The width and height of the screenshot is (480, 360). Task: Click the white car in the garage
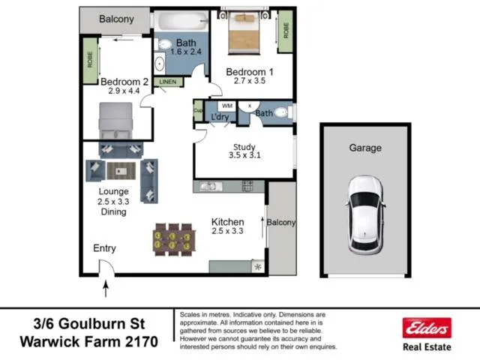pyautogui.click(x=365, y=215)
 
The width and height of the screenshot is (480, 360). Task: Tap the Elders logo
pyautogui.click(x=427, y=328)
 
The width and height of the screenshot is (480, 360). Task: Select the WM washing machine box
pyautogui.click(x=227, y=106)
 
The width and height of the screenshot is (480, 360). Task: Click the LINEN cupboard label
pyautogui.click(x=168, y=82)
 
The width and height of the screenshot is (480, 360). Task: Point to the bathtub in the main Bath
pyautogui.click(x=181, y=21)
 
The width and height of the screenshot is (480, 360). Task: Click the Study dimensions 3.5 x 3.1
pyautogui.click(x=244, y=155)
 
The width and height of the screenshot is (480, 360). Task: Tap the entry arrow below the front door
pyautogui.click(x=106, y=289)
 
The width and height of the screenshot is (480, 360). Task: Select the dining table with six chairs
pyautogui.click(x=174, y=240)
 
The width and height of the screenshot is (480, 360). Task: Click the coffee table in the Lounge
pyautogui.click(x=121, y=171)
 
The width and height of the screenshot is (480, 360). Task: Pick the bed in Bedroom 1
pyautogui.click(x=244, y=33)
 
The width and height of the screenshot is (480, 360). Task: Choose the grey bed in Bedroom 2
pyautogui.click(x=115, y=121)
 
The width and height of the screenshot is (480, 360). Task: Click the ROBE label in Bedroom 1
pyautogui.click(x=286, y=31)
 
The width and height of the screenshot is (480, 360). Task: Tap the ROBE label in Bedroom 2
pyautogui.click(x=90, y=59)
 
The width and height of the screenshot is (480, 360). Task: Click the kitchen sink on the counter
pyautogui.click(x=211, y=186)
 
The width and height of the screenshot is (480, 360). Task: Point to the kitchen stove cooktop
pyautogui.click(x=247, y=186)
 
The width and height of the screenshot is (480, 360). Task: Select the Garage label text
pyautogui.click(x=365, y=148)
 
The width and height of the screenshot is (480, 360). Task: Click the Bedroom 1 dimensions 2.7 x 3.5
pyautogui.click(x=250, y=81)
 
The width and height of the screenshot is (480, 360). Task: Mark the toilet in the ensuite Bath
pyautogui.click(x=281, y=112)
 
